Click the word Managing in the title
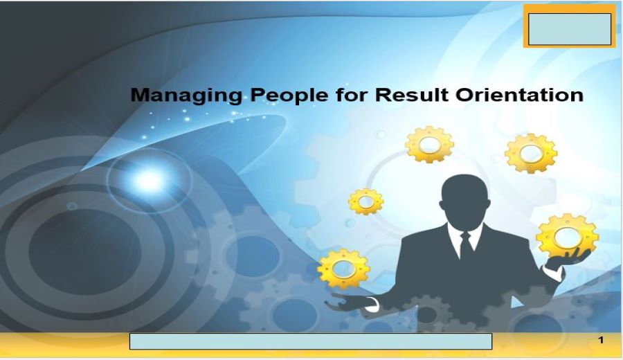[186, 96]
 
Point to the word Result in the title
[412, 95]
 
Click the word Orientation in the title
[520, 95]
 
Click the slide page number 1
[601, 340]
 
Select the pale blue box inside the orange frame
[570, 29]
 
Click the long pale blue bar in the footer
[311, 341]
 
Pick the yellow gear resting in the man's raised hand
[567, 235]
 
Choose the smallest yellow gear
[366, 201]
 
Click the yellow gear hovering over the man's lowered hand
[343, 269]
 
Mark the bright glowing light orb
[149, 180]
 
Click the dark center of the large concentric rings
[84, 251]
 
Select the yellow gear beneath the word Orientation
[531, 153]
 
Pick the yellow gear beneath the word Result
[429, 144]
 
